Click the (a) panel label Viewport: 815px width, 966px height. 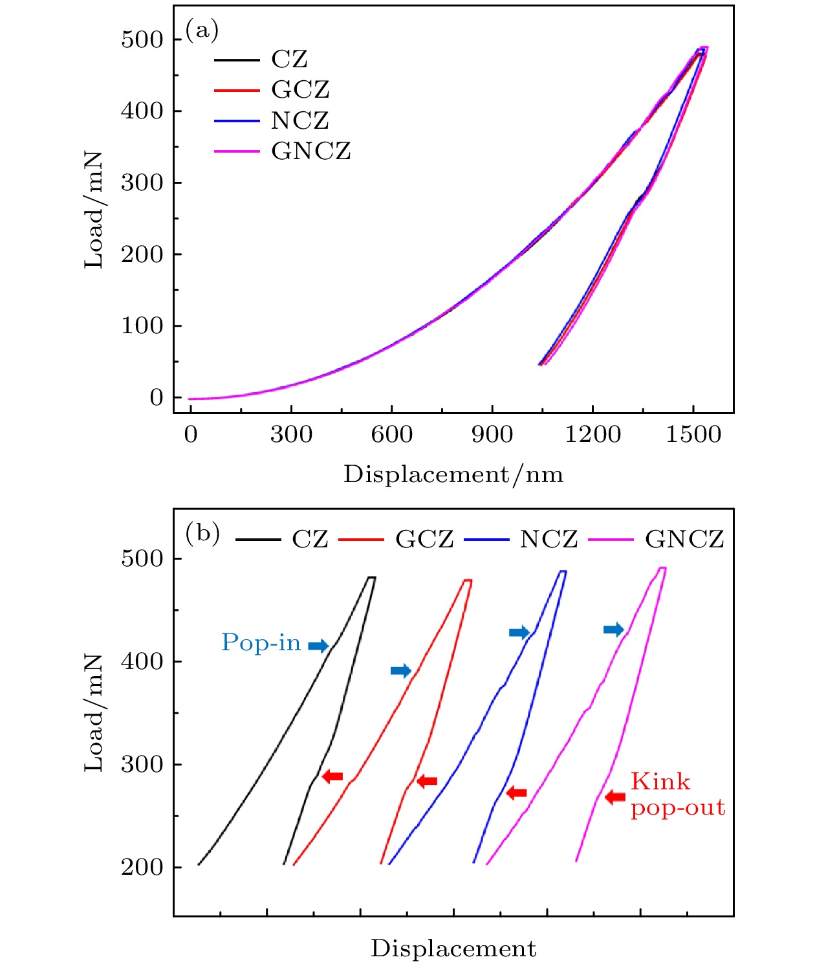pos(202,30)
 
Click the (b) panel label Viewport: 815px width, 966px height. pos(202,534)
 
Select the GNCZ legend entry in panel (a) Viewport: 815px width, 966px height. pos(310,151)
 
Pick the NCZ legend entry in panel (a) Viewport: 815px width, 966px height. pos(299,120)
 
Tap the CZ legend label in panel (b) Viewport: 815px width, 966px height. pos(310,539)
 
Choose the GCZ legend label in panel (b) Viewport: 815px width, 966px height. pos(424,539)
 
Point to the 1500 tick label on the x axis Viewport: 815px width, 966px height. pos(693,434)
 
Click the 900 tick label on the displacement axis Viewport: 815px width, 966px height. pos(492,434)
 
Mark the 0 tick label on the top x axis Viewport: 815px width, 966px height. pos(191,434)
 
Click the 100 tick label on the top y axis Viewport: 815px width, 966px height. pos(142,325)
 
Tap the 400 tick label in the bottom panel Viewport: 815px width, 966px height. pos(142,661)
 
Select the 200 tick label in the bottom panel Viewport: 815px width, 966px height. pos(142,867)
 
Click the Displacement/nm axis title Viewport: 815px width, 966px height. pos(453,475)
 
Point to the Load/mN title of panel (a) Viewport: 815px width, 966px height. pos(94,210)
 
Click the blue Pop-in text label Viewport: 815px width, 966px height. pos(261,642)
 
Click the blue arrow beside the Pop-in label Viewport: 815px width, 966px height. pos(318,645)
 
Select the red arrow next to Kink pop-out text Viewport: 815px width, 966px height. pos(615,797)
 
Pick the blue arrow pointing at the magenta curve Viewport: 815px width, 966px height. pos(613,629)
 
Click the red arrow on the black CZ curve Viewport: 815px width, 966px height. pos(332,776)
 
